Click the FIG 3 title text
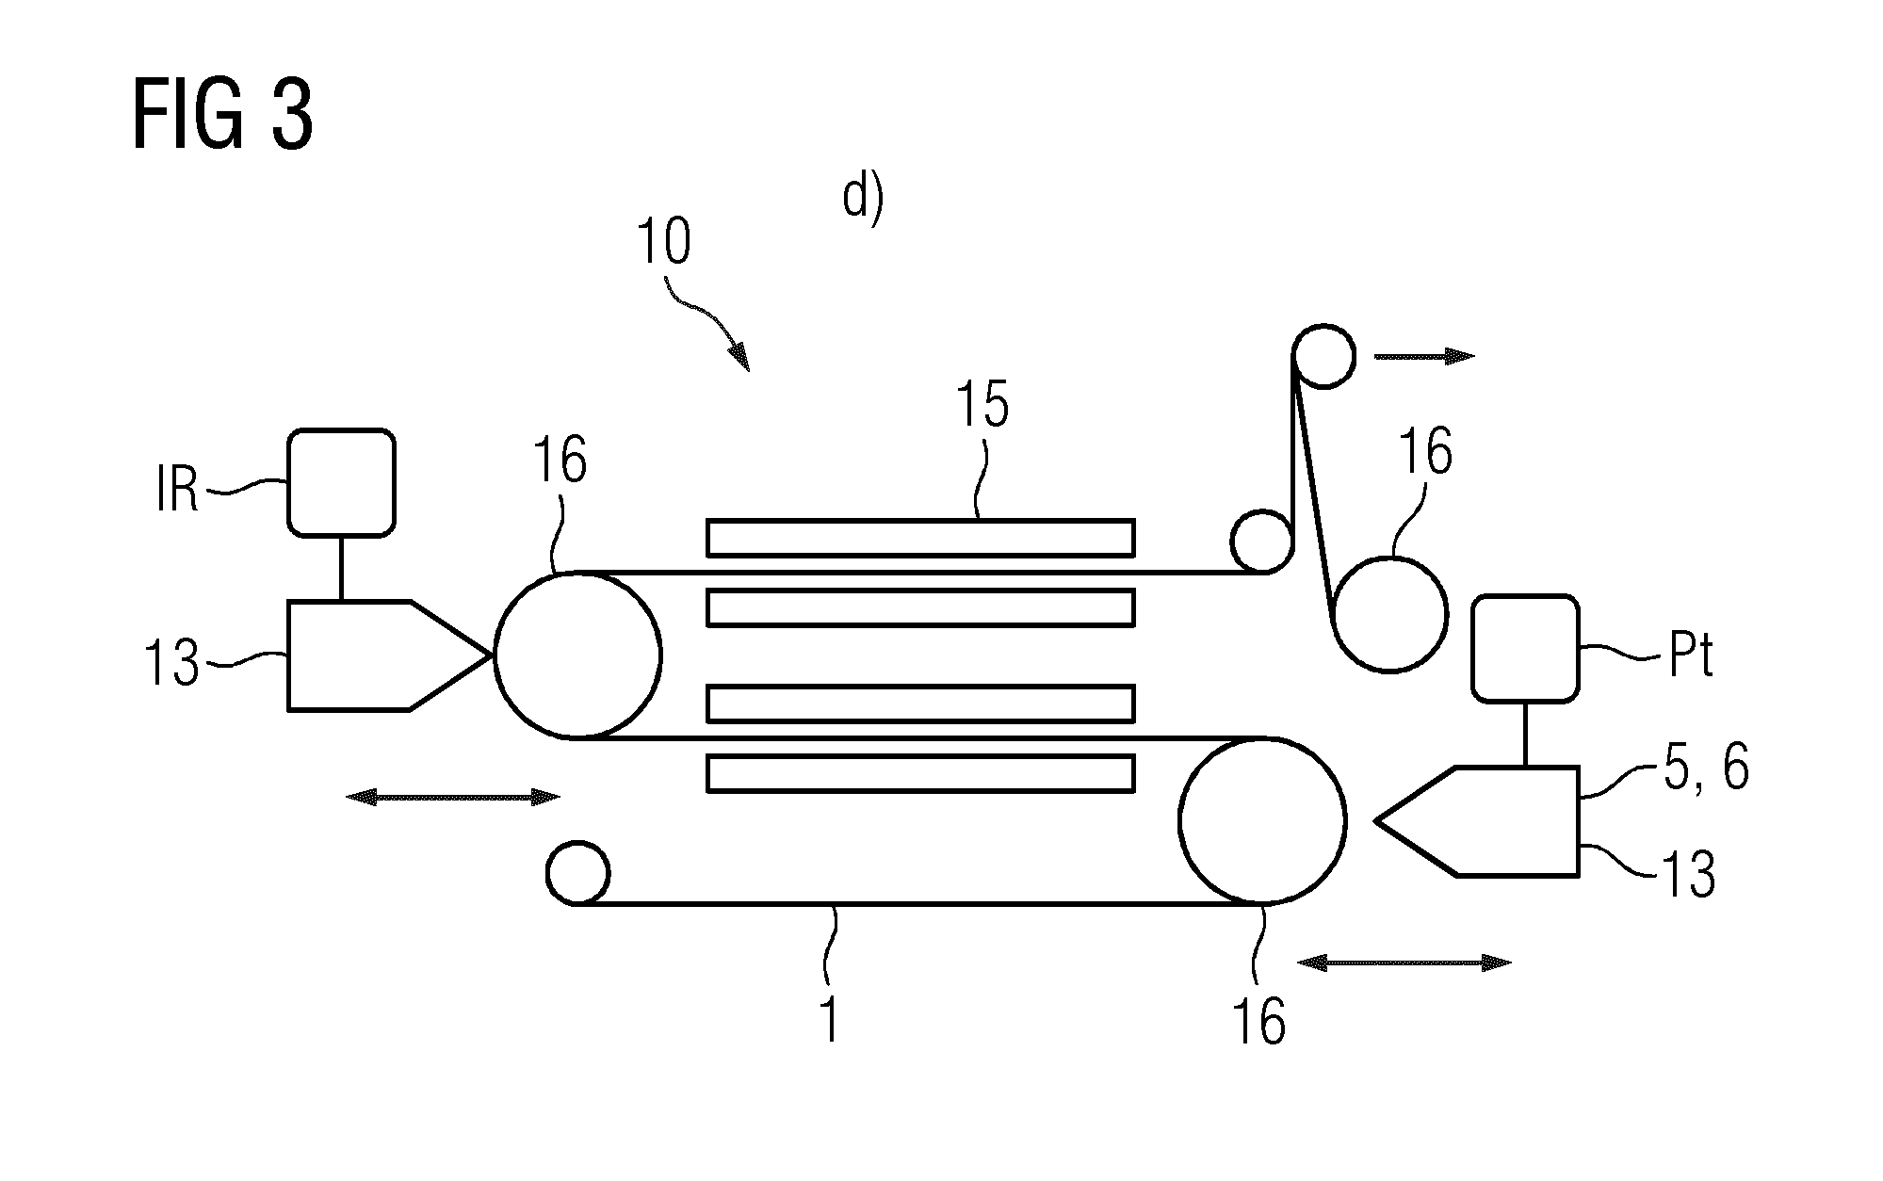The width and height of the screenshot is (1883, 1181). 223,115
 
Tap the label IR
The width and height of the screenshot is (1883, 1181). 177,491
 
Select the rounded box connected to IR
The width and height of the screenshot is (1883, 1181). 341,483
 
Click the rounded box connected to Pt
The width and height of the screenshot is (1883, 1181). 1525,648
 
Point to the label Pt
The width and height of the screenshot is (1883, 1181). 1691,657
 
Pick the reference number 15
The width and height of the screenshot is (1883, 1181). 982,405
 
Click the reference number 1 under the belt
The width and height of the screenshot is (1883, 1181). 830,1020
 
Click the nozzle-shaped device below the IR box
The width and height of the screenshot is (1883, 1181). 389,655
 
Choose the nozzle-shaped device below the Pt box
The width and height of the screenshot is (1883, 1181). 1477,822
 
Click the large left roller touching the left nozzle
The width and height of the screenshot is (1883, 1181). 577,655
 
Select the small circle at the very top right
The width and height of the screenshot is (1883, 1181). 1323,356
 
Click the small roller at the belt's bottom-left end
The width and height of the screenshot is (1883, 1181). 577,873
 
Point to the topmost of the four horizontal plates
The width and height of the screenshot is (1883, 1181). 920,538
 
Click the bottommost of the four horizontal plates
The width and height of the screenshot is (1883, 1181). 920,773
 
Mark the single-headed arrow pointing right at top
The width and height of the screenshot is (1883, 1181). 1424,356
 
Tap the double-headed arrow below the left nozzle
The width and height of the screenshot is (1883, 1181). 453,798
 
